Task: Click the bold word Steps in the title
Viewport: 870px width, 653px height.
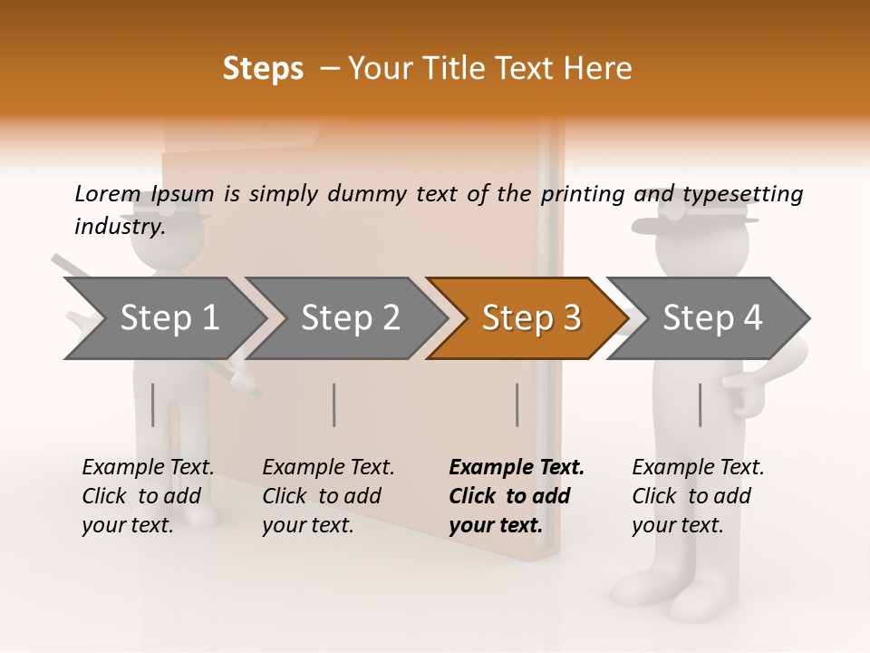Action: point(263,69)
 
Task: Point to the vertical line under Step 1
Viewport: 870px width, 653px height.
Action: point(153,404)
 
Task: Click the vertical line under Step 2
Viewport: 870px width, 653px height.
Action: point(334,404)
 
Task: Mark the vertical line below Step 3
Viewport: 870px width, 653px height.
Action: point(517,404)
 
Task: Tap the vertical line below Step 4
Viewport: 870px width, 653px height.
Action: point(700,404)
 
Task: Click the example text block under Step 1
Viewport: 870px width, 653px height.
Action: point(148,496)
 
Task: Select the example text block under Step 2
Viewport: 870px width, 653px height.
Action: point(328,496)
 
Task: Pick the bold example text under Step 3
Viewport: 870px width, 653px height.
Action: point(516,496)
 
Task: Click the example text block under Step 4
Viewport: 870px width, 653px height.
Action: point(698,496)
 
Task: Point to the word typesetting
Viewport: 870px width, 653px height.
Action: point(742,195)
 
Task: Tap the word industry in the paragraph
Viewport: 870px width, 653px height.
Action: point(119,227)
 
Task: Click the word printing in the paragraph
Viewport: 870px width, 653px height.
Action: point(583,195)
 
